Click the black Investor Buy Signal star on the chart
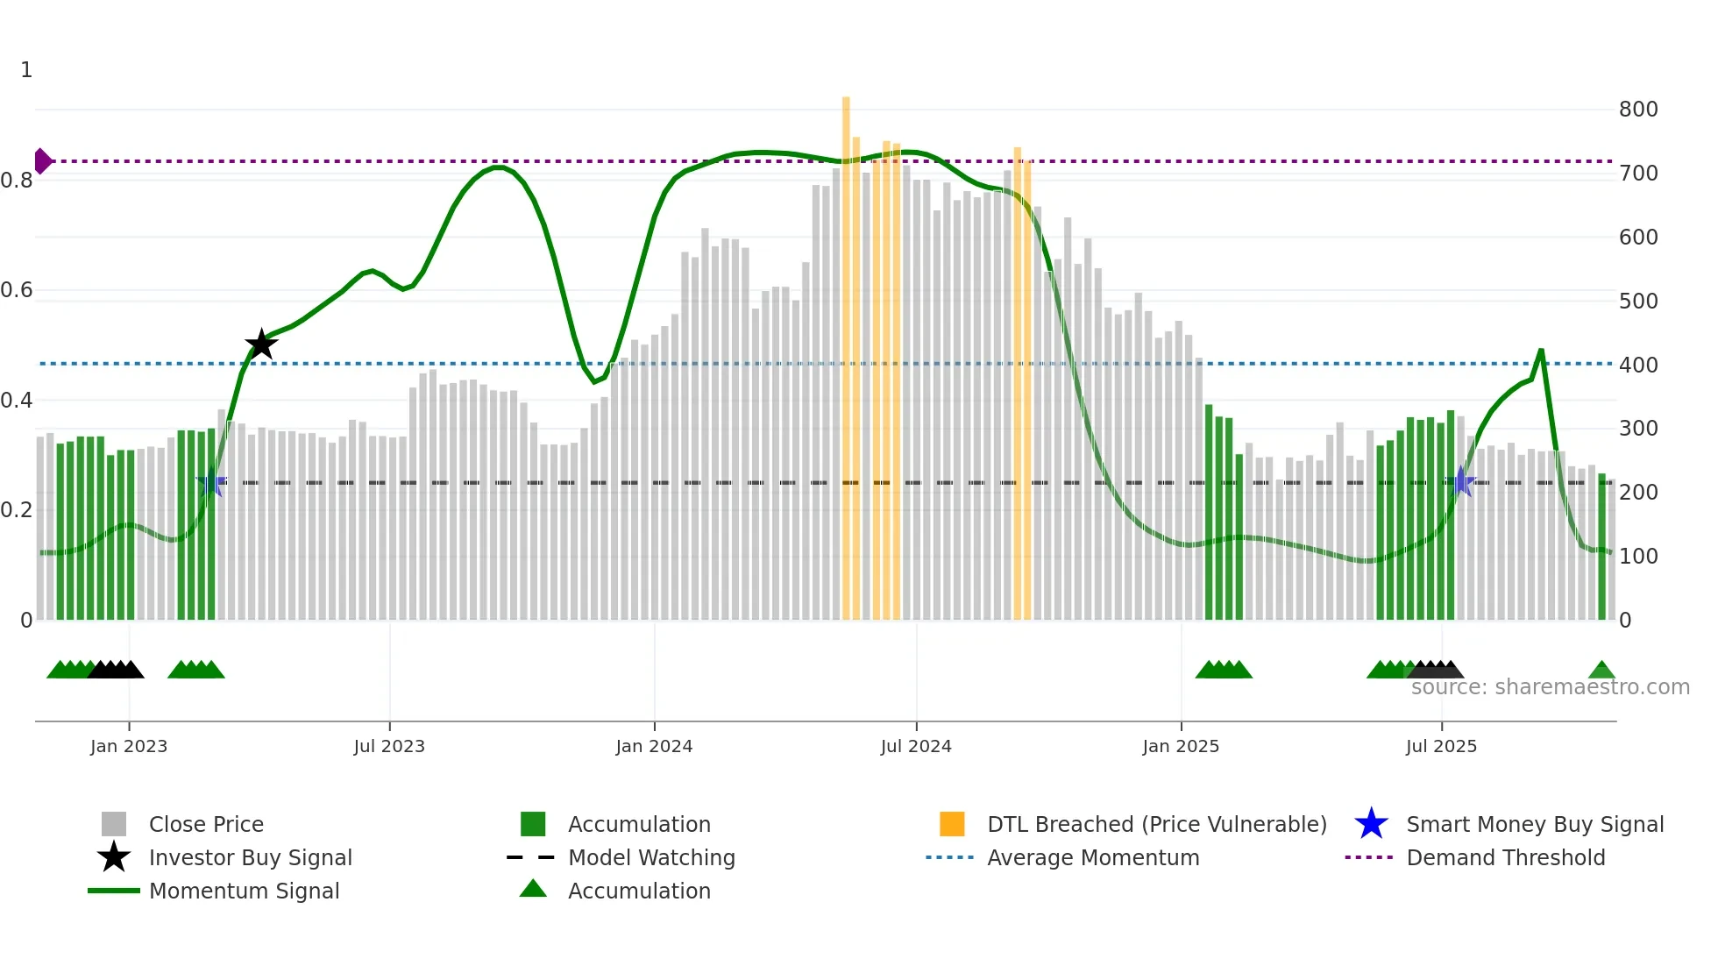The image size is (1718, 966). click(261, 344)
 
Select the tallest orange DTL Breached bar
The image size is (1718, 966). click(846, 351)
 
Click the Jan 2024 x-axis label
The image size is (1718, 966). click(654, 746)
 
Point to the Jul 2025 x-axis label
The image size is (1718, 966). click(1441, 746)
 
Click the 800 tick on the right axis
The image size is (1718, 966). click(1638, 110)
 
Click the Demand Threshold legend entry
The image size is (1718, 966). click(1505, 857)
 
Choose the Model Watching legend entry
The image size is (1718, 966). click(650, 857)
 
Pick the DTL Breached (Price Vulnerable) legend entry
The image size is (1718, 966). click(1156, 824)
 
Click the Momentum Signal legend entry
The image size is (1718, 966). click(244, 891)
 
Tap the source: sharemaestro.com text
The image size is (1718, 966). click(1550, 687)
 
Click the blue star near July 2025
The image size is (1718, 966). click(1461, 481)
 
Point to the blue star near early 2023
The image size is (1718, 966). click(211, 482)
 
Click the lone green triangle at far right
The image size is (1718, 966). click(1601, 671)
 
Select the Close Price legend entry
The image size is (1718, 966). click(205, 824)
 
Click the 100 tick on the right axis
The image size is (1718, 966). click(1638, 557)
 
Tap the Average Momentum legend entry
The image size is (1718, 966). click(1092, 857)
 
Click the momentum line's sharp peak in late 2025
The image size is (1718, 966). click(1541, 352)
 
